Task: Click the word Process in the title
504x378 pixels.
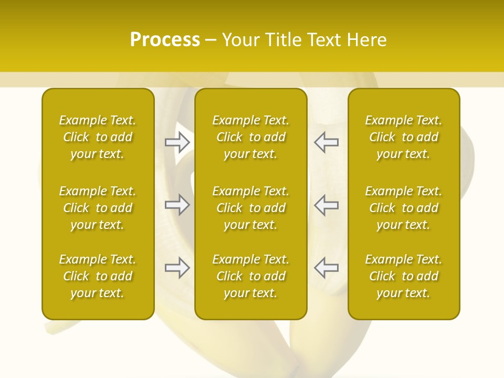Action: coord(165,40)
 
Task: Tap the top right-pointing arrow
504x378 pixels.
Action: coord(177,142)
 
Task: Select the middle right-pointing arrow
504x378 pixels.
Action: coord(177,205)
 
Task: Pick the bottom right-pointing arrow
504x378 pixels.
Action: coord(177,268)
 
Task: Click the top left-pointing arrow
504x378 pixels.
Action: coord(326,142)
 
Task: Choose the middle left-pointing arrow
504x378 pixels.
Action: coord(326,205)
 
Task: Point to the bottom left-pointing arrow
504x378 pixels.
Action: coord(326,268)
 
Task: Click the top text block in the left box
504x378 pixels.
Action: coord(98,137)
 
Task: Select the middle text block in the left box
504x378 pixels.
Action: coord(98,208)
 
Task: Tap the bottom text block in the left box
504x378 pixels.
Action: coord(98,276)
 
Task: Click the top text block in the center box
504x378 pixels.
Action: coord(250,137)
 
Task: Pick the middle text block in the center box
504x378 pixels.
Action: coord(250,208)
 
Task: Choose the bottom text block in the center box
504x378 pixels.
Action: coord(250,276)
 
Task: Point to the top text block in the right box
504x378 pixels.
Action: coord(403,137)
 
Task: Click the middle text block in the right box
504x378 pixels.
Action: coord(403,208)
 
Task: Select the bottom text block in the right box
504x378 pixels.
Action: coord(403,276)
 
